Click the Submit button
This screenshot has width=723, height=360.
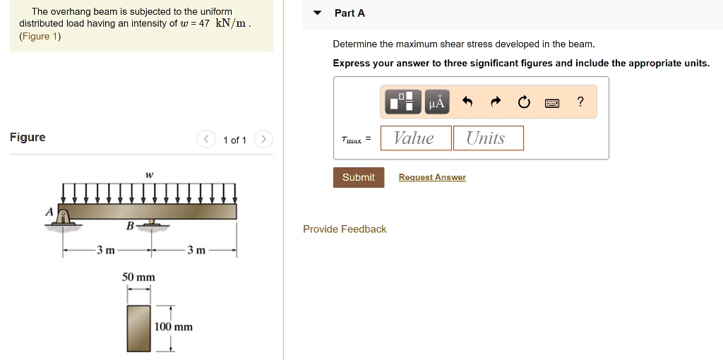coord(359,177)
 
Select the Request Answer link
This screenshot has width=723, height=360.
coord(432,177)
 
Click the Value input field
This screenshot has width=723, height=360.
coord(415,138)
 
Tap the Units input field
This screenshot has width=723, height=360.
coord(488,138)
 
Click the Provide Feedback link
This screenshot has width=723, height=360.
coord(345,229)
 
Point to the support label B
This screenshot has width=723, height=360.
coord(129,226)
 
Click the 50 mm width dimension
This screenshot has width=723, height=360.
coord(138,277)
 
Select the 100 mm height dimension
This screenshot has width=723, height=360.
coord(174,327)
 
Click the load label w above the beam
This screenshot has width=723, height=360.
coord(149,174)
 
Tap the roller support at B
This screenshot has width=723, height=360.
coord(150,224)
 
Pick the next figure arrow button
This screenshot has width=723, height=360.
coord(263,139)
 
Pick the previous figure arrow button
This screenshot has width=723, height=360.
coord(205,139)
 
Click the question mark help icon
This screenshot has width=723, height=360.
coord(580,102)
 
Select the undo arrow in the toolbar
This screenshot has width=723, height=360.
coord(467,102)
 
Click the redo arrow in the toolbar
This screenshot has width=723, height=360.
coord(496,102)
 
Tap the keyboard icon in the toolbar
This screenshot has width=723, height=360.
coord(552,103)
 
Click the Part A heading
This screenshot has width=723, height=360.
coord(349,13)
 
